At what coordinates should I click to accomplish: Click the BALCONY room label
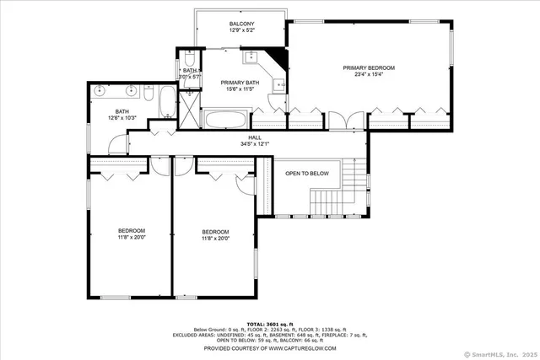point(241,24)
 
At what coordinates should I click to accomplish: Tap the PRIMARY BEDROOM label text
point(368,67)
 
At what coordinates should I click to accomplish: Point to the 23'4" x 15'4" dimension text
point(368,74)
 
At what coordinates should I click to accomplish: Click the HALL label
point(254,137)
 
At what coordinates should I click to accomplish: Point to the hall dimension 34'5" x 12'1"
point(254,144)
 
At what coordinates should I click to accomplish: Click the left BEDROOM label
point(131,231)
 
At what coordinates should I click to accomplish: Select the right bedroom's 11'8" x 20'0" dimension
point(215,239)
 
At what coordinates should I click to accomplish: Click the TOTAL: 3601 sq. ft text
point(270,324)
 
